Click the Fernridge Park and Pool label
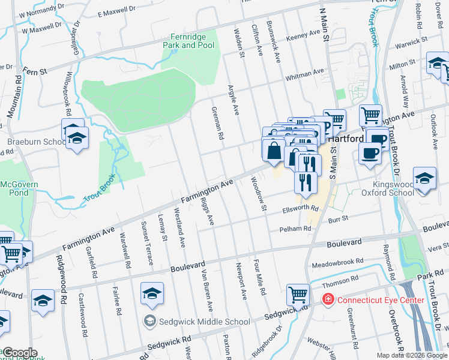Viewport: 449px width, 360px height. [x=188, y=41]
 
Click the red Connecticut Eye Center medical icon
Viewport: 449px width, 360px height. [x=328, y=299]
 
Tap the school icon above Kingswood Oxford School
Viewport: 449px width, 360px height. [x=424, y=178]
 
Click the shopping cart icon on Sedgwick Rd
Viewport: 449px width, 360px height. [x=298, y=295]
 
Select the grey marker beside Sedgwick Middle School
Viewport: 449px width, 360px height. [x=149, y=322]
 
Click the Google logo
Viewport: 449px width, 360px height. [x=19, y=353]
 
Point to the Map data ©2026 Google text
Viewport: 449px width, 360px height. [x=411, y=355]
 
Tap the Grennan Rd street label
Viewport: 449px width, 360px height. [x=217, y=124]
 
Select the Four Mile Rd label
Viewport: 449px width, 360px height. [x=259, y=277]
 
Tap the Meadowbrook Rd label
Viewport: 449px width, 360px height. [x=337, y=263]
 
